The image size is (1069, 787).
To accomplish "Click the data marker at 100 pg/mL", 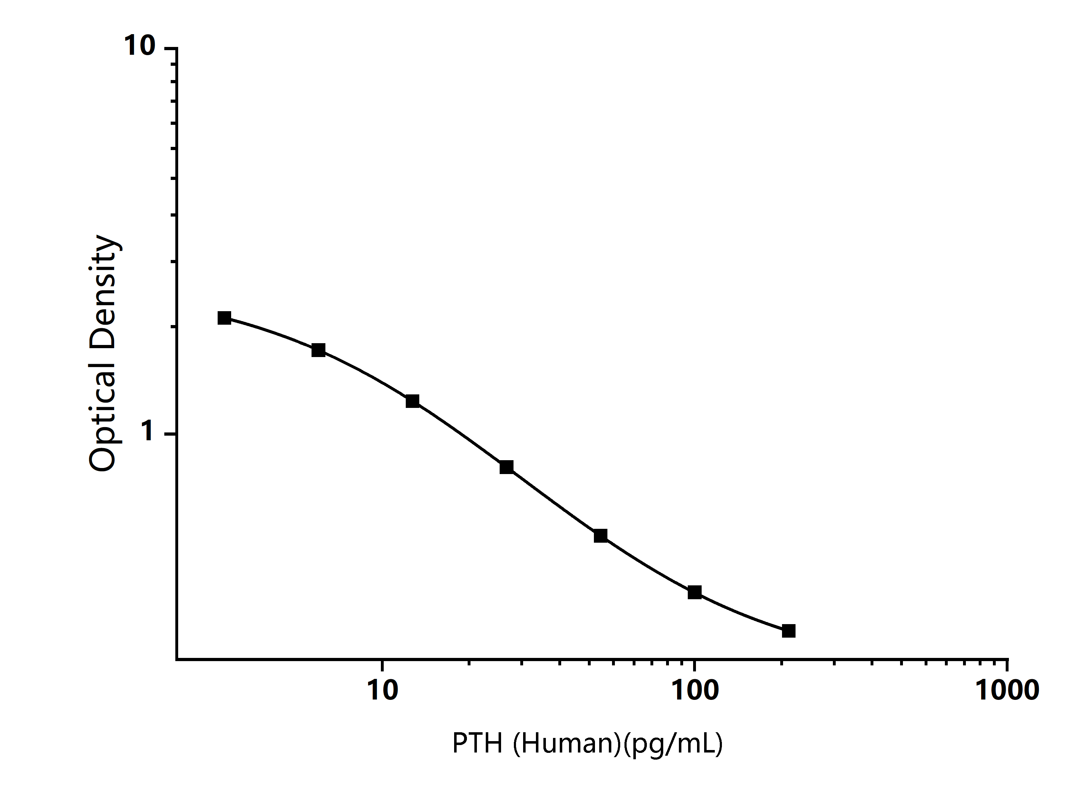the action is tap(695, 592).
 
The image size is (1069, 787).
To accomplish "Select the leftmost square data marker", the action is tap(224, 318).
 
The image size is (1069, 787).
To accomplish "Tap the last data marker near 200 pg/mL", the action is tap(789, 631).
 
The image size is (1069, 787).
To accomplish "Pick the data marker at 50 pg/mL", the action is tap(601, 536).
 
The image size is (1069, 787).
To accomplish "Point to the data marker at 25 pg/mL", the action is tap(506, 467).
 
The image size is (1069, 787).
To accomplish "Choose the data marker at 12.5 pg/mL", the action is tap(413, 401).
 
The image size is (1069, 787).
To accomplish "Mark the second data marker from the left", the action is tap(318, 351).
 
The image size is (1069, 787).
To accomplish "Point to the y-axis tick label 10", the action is tap(140, 46).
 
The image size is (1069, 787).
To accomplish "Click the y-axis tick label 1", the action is tap(149, 432).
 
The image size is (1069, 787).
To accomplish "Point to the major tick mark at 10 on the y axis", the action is tap(171, 48).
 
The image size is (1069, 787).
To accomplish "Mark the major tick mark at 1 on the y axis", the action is tap(171, 434).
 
